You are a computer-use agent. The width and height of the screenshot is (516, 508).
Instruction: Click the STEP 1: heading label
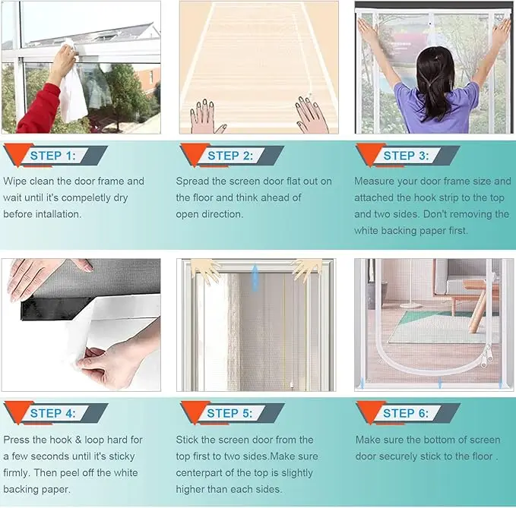tap(53, 156)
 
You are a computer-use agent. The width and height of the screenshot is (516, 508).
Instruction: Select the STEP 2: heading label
tap(230, 156)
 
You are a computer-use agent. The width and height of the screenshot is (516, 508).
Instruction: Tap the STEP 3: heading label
tap(407, 156)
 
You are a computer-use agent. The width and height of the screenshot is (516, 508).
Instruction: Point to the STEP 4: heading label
tap(53, 413)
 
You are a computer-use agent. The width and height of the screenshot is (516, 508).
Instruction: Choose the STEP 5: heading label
tap(230, 413)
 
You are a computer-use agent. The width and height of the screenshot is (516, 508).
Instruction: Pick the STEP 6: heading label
tap(406, 413)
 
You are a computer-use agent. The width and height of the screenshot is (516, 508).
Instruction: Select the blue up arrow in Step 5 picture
tap(255, 278)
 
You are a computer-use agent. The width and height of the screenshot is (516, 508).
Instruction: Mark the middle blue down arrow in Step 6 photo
tap(440, 383)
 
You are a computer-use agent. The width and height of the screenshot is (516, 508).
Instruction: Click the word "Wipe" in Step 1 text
tap(15, 181)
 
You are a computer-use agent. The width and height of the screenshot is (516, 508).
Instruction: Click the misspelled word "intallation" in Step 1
tap(58, 214)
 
